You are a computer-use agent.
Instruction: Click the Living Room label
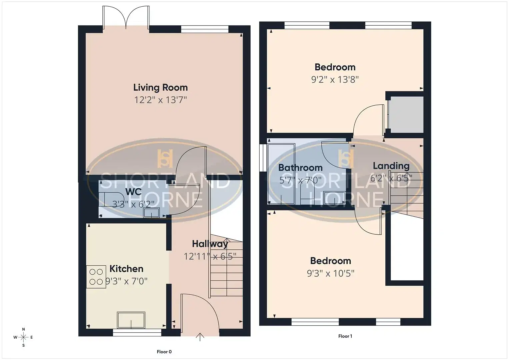(160, 87)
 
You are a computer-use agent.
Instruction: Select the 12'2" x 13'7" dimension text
(160, 100)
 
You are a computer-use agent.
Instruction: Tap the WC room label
(133, 192)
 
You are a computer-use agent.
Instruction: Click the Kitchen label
(126, 269)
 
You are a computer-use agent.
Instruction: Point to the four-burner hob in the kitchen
(96, 277)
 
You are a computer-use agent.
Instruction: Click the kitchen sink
(131, 320)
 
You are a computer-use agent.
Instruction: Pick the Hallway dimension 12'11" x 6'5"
(210, 256)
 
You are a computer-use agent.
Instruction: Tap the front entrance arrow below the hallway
(200, 337)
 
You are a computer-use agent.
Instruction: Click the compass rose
(23, 337)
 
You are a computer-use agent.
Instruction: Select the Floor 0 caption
(164, 352)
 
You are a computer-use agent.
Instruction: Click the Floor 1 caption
(345, 336)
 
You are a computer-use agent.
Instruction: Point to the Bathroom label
(300, 168)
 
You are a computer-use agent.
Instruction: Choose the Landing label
(391, 166)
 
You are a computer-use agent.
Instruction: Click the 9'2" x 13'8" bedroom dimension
(335, 80)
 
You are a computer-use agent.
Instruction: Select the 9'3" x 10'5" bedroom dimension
(331, 273)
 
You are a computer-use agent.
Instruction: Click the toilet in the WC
(111, 199)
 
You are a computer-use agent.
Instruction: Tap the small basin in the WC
(151, 213)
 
